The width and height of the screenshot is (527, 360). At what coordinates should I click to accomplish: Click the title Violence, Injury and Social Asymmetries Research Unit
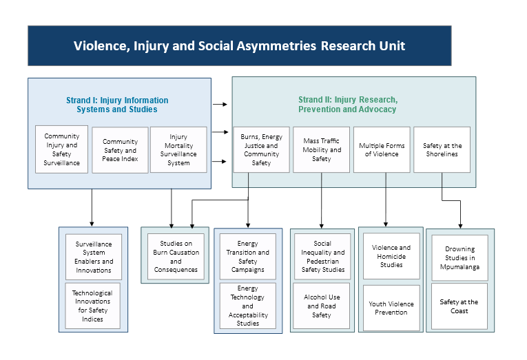[x=239, y=46]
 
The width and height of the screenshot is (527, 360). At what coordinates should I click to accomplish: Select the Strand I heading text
[x=117, y=105]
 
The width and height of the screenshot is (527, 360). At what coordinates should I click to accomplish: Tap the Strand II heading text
[x=347, y=105]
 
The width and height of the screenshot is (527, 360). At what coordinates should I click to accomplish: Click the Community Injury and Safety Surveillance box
[x=62, y=149]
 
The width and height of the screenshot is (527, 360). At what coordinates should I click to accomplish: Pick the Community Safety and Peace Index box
[x=120, y=150]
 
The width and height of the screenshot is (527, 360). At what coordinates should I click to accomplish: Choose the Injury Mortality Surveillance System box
[x=178, y=150]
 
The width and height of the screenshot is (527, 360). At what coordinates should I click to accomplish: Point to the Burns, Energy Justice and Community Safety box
[x=261, y=150]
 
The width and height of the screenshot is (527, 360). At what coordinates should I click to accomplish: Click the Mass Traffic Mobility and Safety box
[x=322, y=149]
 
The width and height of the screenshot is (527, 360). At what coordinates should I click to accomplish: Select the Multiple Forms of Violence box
[x=382, y=149]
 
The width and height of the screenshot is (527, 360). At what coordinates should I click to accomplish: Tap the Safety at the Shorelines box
[x=442, y=149]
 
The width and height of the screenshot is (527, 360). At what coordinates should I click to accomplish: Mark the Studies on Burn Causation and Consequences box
[x=176, y=256]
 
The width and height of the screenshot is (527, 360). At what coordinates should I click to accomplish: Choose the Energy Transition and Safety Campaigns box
[x=248, y=257]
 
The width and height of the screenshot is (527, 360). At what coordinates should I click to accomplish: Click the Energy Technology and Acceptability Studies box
[x=248, y=306]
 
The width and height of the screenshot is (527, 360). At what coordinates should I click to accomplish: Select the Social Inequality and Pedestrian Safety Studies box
[x=322, y=257]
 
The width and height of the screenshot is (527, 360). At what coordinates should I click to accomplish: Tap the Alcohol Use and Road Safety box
[x=322, y=306]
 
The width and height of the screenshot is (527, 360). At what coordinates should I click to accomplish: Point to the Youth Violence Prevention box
[x=391, y=308]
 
